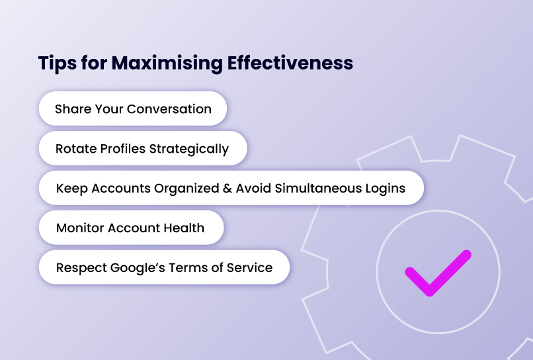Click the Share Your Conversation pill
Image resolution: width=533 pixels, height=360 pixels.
pos(133,109)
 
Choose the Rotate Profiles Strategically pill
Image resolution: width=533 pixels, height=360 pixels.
pos(142,149)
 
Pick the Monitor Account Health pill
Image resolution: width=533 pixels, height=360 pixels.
pos(130,228)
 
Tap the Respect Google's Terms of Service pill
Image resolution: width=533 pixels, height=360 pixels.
pos(164,268)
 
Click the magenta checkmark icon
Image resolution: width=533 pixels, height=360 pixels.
pos(436,272)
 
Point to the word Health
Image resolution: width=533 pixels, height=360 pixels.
pos(185,228)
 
